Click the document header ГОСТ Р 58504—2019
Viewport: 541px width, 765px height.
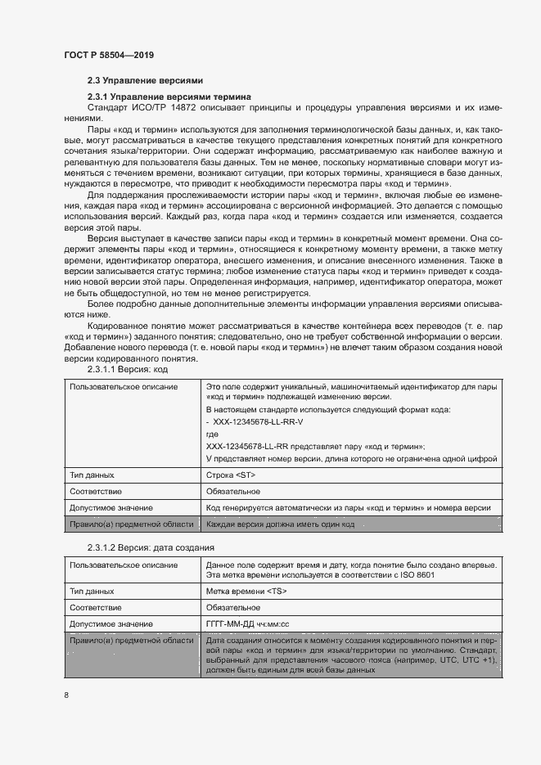(109, 55)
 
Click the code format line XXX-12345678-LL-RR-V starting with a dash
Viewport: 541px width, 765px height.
(255, 421)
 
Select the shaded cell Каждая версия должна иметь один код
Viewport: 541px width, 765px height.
(280, 524)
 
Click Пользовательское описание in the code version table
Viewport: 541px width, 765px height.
(123, 386)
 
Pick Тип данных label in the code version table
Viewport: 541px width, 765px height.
(92, 475)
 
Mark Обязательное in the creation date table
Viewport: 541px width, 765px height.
(233, 607)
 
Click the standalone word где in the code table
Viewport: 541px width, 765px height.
(212, 435)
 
